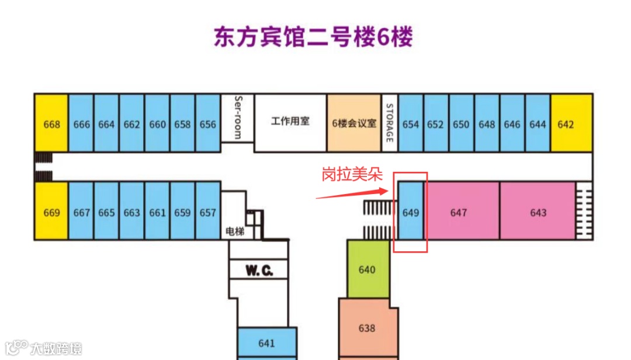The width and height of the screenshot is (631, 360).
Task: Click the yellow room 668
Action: point(51,124)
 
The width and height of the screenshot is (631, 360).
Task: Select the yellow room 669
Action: point(51,212)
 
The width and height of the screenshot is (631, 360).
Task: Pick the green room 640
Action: point(367,269)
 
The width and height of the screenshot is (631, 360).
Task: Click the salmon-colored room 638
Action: point(367,328)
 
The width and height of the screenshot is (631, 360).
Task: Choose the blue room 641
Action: point(266,343)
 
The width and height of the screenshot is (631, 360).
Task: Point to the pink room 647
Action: point(459,212)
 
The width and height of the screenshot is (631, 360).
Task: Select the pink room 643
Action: point(538,212)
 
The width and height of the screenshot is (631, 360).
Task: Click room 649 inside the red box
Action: point(411,212)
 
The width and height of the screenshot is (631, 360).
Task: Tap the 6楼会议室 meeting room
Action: point(355,123)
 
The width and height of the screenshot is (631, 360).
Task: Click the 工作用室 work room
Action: point(290,122)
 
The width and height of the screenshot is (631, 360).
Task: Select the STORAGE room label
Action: point(390,123)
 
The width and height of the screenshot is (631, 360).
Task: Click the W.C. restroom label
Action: point(259,271)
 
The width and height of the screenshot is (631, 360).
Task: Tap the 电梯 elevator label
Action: point(235,231)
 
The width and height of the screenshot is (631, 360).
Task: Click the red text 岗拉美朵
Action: point(351,175)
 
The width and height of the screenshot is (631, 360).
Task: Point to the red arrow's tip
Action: point(387,189)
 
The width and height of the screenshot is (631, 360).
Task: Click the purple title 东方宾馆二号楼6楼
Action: point(313,37)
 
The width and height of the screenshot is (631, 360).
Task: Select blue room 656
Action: point(207,124)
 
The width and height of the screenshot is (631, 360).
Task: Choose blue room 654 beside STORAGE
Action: point(411,124)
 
